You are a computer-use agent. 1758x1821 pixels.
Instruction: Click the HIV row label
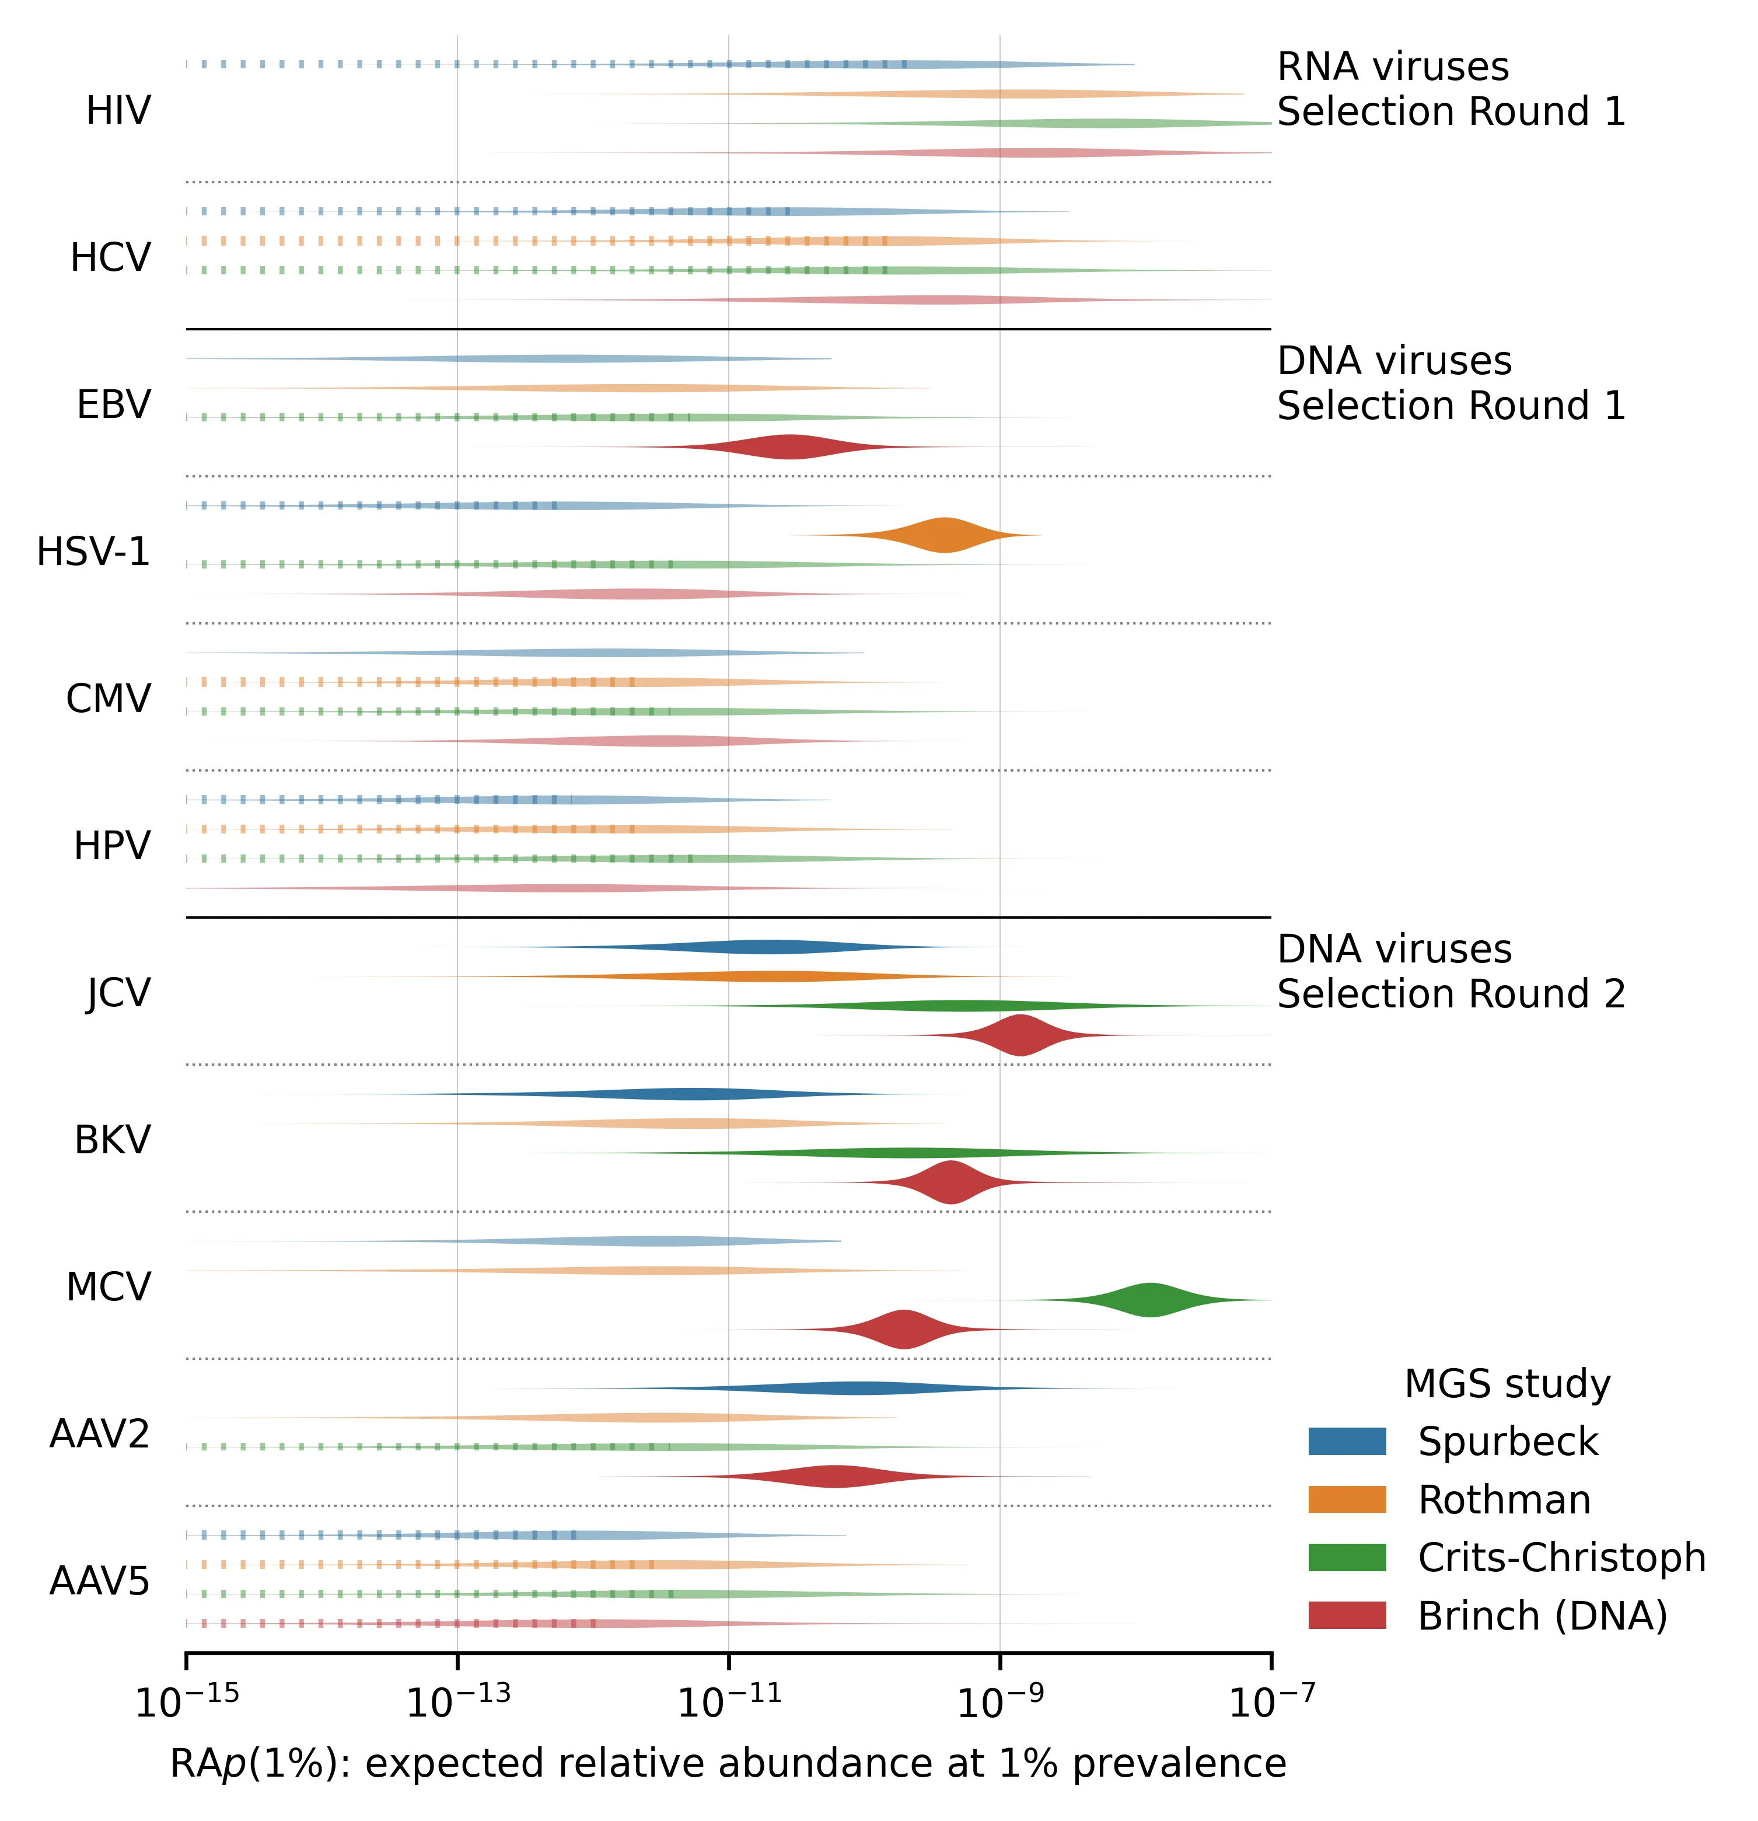118,110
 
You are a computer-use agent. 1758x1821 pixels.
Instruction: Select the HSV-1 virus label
93,552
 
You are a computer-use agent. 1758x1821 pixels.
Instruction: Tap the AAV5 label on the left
99,1581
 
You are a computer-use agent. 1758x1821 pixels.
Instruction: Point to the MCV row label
108,1288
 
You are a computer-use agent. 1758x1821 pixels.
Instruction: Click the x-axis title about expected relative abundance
728,1763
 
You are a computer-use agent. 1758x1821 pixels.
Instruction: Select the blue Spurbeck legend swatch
1347,1441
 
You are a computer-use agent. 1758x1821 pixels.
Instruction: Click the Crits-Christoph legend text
1562,1557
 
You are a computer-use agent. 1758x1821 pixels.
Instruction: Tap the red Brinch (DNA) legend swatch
1347,1616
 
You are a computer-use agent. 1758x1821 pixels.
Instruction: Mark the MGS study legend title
1507,1383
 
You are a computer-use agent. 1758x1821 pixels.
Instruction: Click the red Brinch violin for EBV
789,447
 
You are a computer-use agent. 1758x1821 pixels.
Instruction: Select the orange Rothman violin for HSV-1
945,535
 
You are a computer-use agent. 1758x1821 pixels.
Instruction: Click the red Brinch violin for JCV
1020,1035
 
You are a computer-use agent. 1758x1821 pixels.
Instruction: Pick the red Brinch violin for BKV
951,1182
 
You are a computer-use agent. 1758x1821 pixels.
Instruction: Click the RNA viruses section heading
1393,67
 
